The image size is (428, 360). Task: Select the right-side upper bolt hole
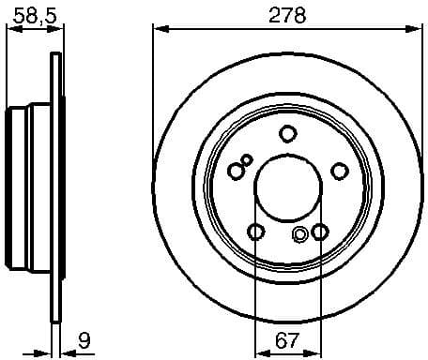[339, 170]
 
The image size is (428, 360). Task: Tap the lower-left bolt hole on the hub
[254, 232]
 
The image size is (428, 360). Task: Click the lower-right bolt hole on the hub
[319, 232]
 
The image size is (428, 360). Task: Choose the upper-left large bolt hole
[236, 170]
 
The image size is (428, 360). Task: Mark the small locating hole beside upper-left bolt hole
[247, 159]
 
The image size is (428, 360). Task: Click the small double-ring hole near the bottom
[300, 234]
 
